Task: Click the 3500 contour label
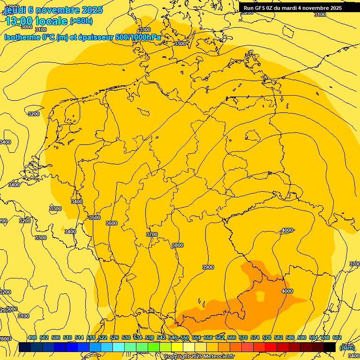pos(95,217)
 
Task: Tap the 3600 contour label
pos(112,223)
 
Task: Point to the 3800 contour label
pos(177,245)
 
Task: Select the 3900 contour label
pos(208,267)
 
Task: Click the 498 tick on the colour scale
pos(32,337)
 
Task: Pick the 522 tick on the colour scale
pos(103,337)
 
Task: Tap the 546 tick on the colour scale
pos(173,337)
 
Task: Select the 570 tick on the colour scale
pos(243,337)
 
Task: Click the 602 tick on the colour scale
pos(337,337)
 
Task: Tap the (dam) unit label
pos(347,347)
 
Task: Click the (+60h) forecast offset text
pos(81,21)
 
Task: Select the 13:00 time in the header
pos(19,21)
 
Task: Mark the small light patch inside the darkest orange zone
pos(260,296)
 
